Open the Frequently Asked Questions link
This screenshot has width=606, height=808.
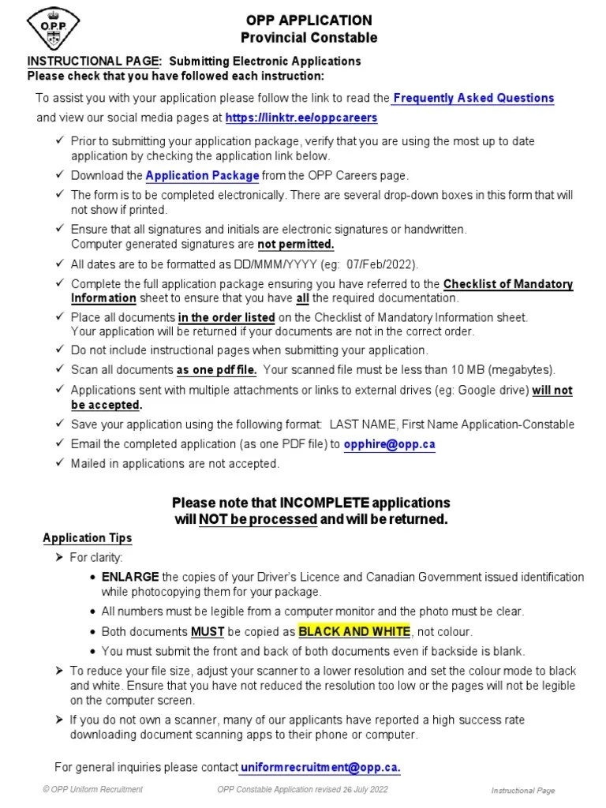pos(473,99)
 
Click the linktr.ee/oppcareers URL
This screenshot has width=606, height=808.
pos(301,118)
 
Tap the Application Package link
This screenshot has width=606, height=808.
pos(203,175)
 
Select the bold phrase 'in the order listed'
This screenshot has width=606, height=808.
pos(226,317)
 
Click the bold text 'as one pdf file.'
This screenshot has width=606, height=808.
pos(217,369)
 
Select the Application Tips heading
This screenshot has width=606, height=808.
pos(87,538)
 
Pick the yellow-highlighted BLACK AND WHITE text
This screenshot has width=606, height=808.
pos(353,631)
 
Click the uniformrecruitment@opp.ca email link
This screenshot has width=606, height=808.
pos(320,767)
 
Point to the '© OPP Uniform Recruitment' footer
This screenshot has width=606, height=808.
pos(94,790)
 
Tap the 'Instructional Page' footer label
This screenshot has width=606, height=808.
pos(523,791)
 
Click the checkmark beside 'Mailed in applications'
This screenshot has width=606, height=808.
pos(61,464)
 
